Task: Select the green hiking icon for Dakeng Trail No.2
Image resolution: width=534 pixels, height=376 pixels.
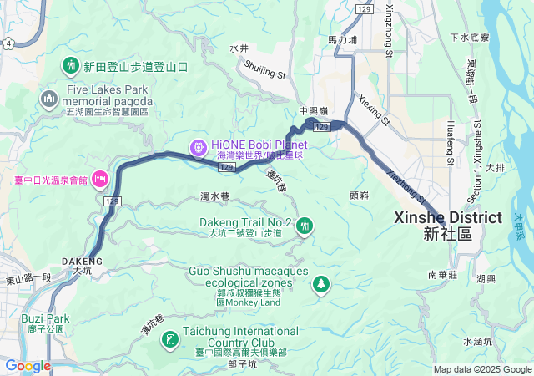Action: tap(305, 225)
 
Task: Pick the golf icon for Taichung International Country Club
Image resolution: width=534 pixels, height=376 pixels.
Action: tap(170, 339)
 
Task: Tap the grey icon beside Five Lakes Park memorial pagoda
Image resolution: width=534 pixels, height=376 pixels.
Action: tap(48, 99)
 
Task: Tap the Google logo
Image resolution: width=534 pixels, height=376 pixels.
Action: tap(28, 365)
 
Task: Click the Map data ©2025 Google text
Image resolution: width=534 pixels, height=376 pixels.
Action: tap(482, 369)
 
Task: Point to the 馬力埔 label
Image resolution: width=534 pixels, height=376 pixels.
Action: tap(342, 39)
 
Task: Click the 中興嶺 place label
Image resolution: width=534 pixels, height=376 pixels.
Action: tap(315, 109)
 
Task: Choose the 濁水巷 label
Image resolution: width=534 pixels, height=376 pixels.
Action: tap(214, 196)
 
